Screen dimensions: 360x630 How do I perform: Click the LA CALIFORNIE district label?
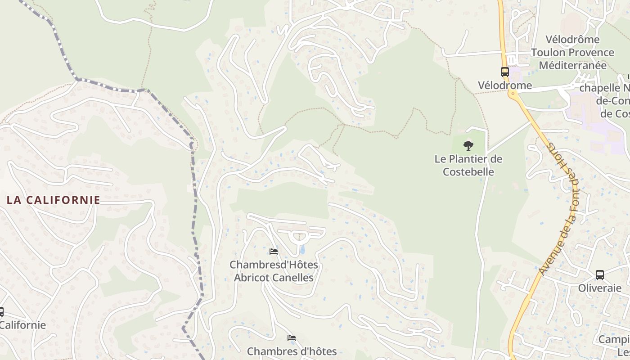[54, 200]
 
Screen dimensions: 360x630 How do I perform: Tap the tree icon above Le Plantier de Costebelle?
[468, 145]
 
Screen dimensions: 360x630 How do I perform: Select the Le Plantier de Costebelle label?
[468, 165]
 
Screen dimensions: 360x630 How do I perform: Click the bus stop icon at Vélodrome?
[505, 72]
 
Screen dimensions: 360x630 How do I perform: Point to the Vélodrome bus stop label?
[505, 85]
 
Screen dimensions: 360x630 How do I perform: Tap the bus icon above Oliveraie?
[599, 275]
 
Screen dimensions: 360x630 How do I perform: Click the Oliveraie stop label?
[599, 288]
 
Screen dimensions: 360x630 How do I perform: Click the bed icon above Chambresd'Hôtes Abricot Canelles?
[273, 252]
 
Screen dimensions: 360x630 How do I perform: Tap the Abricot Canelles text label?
[274, 278]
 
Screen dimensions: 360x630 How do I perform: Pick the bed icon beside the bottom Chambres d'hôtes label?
[292, 338]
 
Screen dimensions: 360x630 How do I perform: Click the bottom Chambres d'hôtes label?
[292, 351]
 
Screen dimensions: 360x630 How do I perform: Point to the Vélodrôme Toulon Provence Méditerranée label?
[572, 52]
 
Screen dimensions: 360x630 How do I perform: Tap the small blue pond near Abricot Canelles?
[302, 249]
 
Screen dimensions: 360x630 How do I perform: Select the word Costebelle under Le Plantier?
[468, 172]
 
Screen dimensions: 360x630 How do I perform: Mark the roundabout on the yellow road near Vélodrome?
[513, 94]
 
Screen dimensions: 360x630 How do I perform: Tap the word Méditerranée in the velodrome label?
[572, 65]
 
